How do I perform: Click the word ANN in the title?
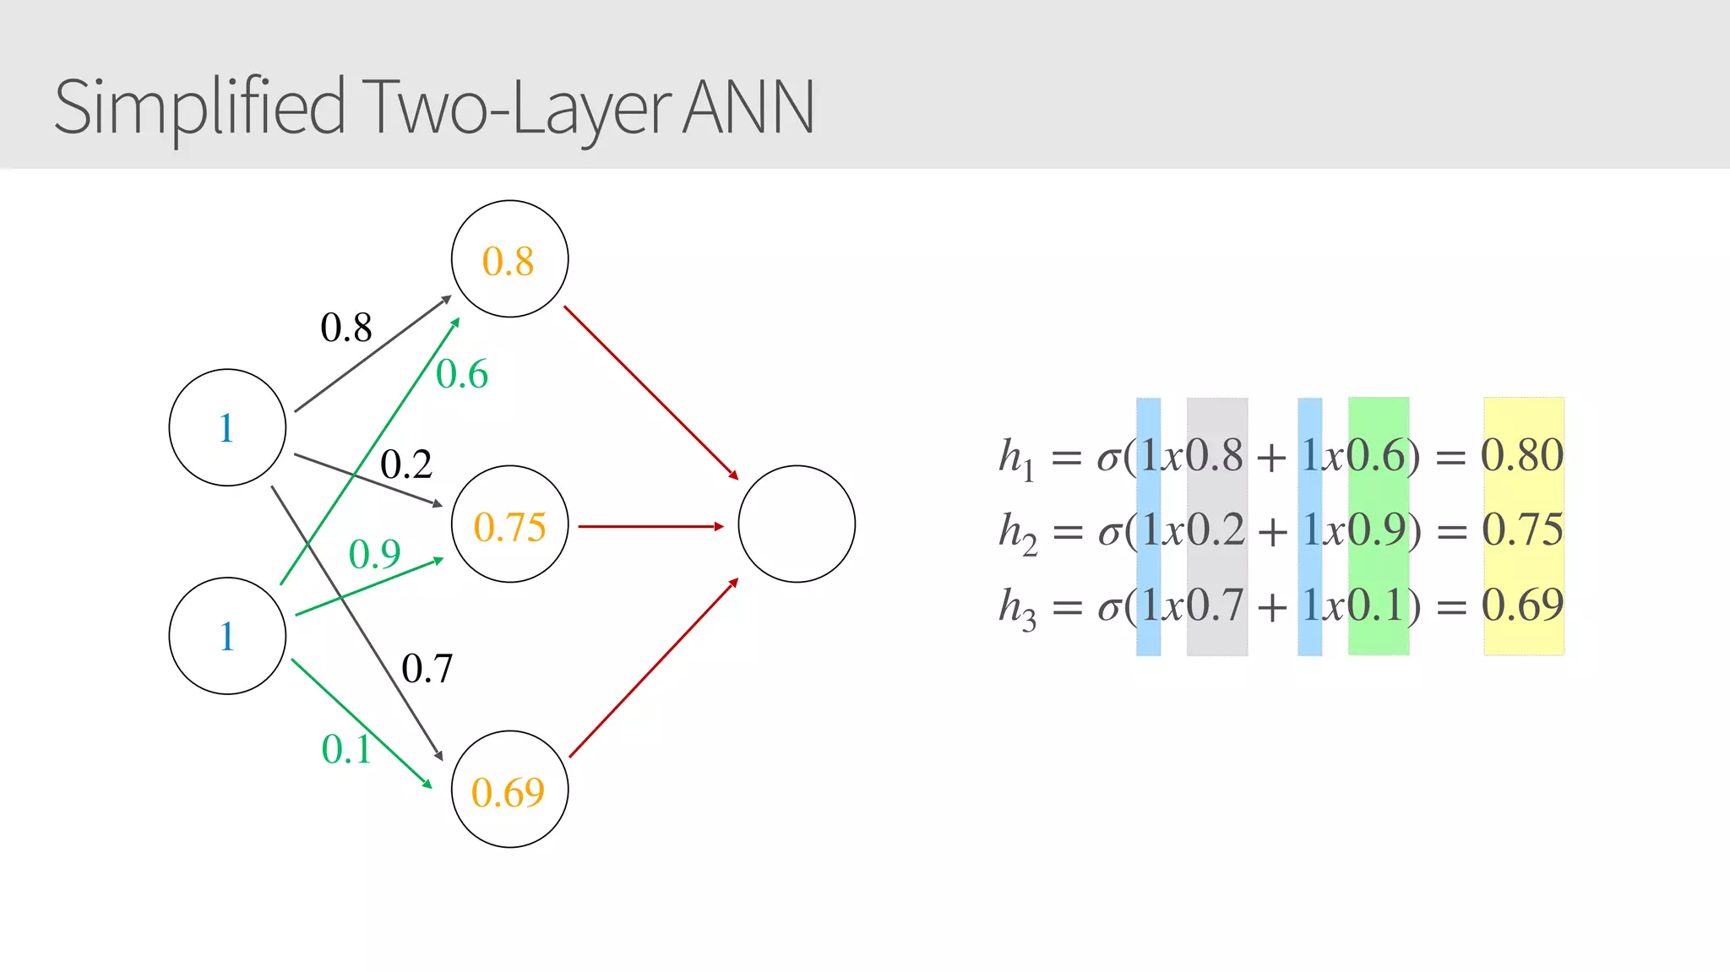(748, 107)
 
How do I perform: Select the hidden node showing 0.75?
(509, 524)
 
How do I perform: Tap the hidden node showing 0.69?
(509, 790)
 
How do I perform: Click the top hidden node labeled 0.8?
(509, 259)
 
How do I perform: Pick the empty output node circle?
(797, 524)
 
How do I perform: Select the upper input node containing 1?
(227, 427)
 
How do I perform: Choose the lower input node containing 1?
(227, 636)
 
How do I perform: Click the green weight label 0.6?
(462, 374)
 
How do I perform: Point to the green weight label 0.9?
(374, 554)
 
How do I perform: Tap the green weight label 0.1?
(346, 749)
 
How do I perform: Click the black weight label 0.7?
(427, 669)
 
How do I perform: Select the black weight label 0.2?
(405, 464)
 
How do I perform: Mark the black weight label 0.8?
(345, 327)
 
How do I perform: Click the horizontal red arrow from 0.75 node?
(650, 526)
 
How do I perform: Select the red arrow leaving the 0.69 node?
(653, 668)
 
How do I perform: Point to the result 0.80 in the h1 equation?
(1522, 455)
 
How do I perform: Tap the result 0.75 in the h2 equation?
(1522, 529)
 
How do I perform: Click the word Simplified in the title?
(199, 107)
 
